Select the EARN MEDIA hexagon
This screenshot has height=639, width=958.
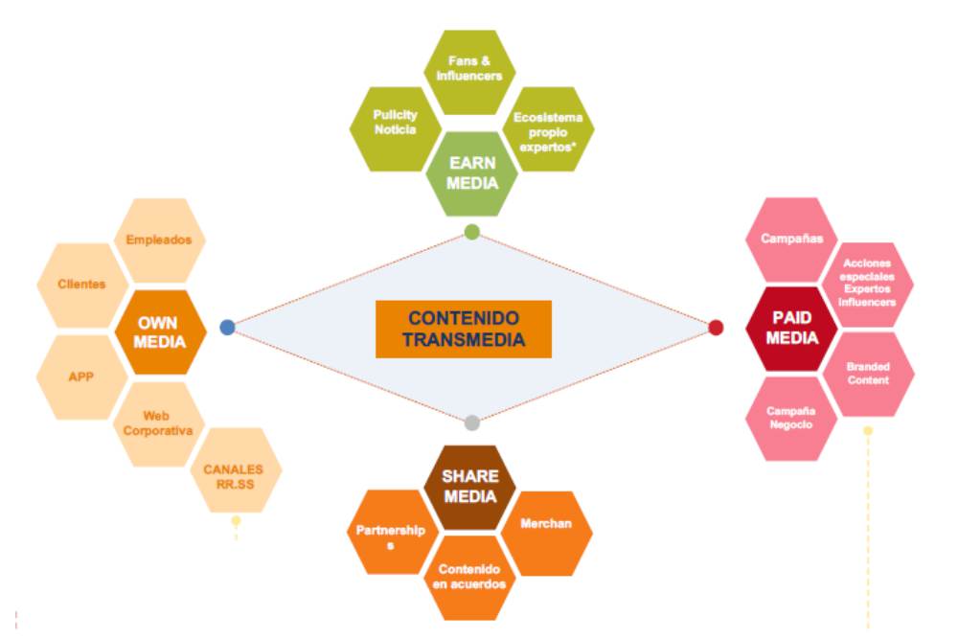[472, 172]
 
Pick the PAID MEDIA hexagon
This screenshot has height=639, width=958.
[792, 327]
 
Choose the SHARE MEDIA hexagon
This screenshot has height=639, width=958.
[469, 486]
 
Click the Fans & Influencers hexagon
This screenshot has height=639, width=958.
[469, 70]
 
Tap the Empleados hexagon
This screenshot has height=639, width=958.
[159, 240]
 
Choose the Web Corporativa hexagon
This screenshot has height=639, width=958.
[159, 423]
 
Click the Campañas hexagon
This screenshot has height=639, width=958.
[791, 238]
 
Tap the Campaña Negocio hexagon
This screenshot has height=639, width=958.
[790, 418]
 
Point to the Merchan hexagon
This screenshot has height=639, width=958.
[546, 524]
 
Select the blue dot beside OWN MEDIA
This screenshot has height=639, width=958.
[227, 327]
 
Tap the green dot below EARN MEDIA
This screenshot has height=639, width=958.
[471, 231]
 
